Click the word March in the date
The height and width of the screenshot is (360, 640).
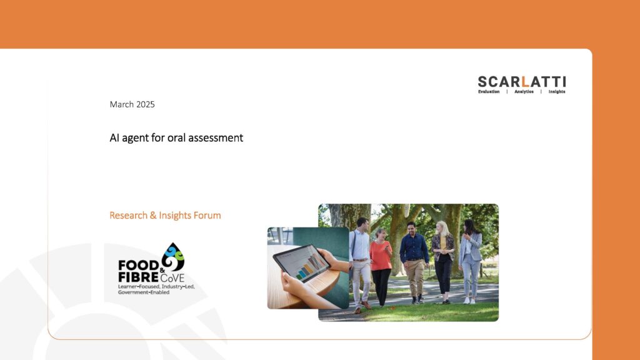(x=122, y=104)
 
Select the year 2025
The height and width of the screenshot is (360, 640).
(x=146, y=104)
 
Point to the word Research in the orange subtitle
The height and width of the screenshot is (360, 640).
(x=129, y=215)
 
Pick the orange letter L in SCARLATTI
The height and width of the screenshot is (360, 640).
(x=525, y=82)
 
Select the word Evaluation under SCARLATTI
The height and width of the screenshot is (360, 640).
(x=489, y=92)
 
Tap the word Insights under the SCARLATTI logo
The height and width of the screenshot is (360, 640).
(x=557, y=92)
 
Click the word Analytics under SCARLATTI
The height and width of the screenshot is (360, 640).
(x=524, y=92)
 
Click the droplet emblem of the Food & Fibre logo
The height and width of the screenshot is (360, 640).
(x=172, y=257)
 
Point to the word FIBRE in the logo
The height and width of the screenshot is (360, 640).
(x=138, y=277)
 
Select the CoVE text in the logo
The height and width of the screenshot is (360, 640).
(x=172, y=278)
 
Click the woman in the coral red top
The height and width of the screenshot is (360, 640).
(x=381, y=267)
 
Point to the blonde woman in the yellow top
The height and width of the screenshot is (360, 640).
(x=443, y=262)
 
